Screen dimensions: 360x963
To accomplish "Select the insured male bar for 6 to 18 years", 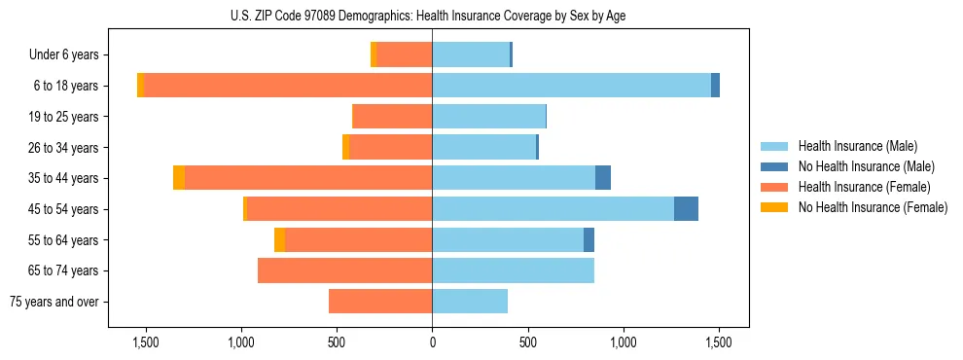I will click(571, 86).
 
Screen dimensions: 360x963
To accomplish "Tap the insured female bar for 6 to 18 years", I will click(288, 86).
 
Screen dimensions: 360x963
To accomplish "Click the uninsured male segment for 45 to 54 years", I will click(686, 209).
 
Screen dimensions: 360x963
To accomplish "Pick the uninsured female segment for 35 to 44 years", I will click(179, 178).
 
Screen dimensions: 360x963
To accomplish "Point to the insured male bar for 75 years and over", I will click(470, 302).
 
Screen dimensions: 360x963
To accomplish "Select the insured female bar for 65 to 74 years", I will click(344, 270).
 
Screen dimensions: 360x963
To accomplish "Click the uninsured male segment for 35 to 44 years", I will click(603, 178).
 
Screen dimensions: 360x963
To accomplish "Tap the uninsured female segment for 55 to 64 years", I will click(279, 240).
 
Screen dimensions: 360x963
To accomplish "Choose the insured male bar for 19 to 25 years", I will click(488, 117).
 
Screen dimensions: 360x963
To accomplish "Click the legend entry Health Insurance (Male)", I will click(857, 146).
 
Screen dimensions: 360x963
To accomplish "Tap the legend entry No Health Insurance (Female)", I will click(873, 207).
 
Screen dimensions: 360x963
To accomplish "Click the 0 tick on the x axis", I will click(432, 342).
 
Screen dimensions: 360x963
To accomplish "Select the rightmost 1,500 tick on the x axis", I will click(719, 342).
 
